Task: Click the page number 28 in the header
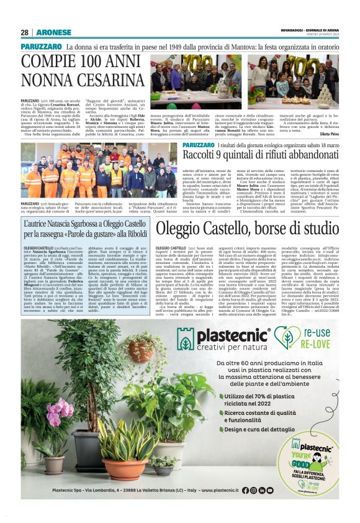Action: coord(25,32)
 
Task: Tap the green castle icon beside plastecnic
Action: coord(185,339)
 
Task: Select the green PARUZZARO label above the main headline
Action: coord(41,47)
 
